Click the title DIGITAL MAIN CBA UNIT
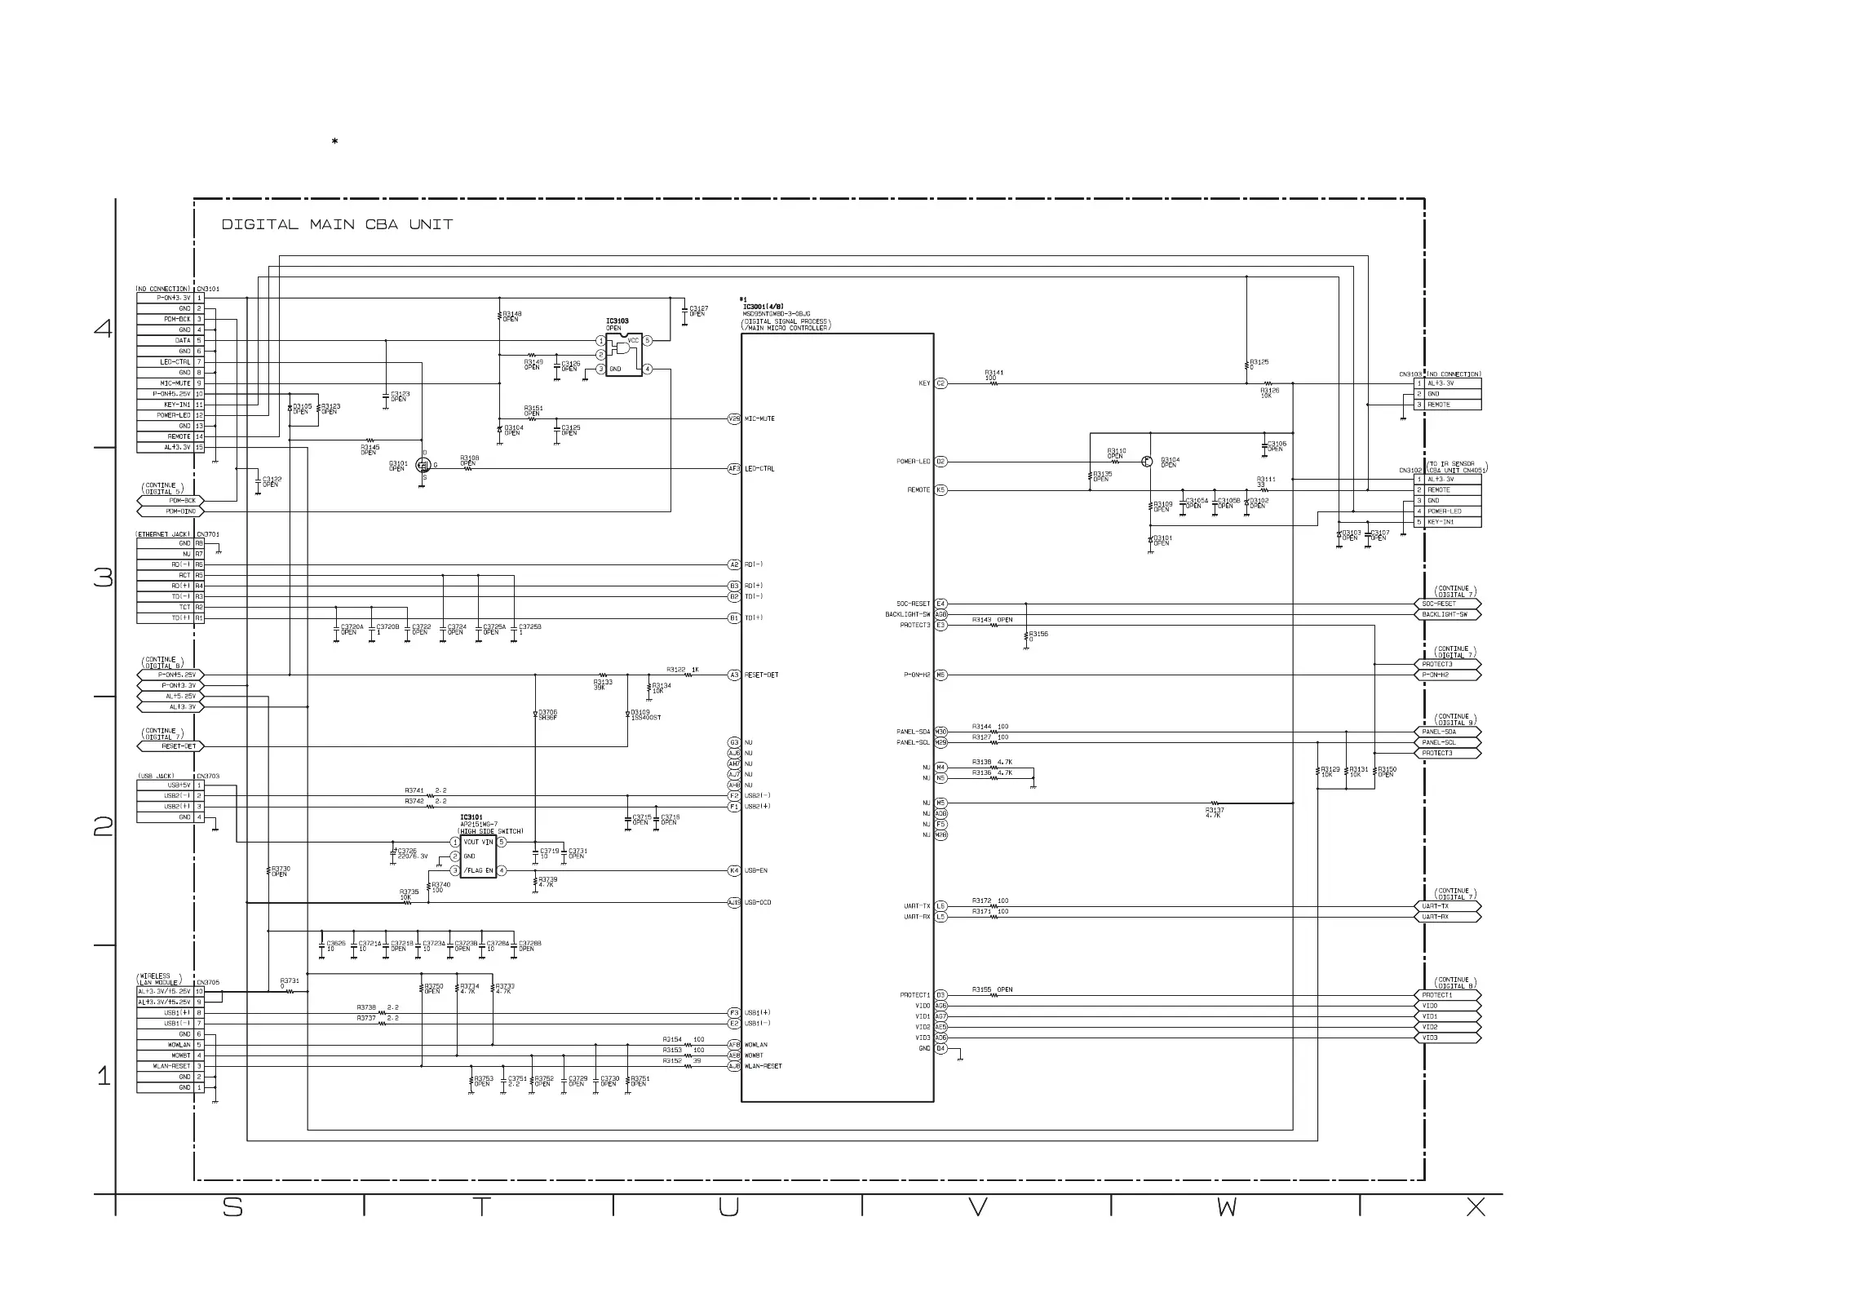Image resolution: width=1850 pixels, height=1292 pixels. (337, 224)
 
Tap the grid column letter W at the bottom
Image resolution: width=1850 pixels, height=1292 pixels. (1226, 1208)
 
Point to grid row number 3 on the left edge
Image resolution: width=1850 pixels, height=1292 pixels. (104, 578)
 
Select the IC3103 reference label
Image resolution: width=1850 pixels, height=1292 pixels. (617, 321)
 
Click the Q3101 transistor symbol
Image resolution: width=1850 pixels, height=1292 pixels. (423, 465)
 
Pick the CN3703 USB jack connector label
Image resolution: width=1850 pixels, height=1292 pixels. (208, 777)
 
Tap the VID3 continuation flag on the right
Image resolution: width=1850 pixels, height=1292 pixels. (1446, 1038)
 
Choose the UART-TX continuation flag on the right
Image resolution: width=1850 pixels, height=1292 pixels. (1446, 906)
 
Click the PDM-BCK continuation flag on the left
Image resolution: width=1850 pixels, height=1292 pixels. (171, 501)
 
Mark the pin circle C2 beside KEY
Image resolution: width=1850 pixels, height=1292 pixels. (940, 383)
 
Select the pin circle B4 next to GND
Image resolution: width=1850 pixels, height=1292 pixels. (940, 1048)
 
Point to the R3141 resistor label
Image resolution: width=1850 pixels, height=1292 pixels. (994, 373)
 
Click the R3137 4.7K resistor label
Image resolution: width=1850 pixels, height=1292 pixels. (1215, 812)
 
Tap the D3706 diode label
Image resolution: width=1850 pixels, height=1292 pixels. (547, 715)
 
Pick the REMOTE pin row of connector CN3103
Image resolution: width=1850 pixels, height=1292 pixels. (1448, 405)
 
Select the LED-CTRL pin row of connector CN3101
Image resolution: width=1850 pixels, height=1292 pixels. (170, 362)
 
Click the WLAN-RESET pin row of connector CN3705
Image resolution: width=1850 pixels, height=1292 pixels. (170, 1066)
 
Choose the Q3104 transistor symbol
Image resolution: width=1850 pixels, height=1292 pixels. (1148, 462)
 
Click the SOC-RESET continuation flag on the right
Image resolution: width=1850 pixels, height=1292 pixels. (1446, 604)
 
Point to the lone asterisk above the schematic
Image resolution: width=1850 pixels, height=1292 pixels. (334, 142)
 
